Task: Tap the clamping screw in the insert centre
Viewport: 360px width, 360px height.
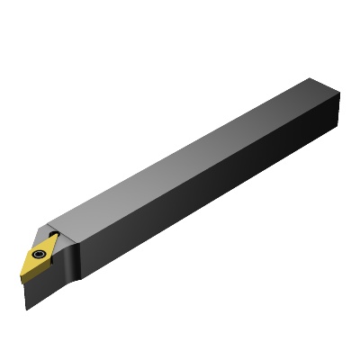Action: tap(40, 255)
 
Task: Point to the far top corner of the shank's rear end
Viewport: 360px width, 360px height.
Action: tap(311, 80)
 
